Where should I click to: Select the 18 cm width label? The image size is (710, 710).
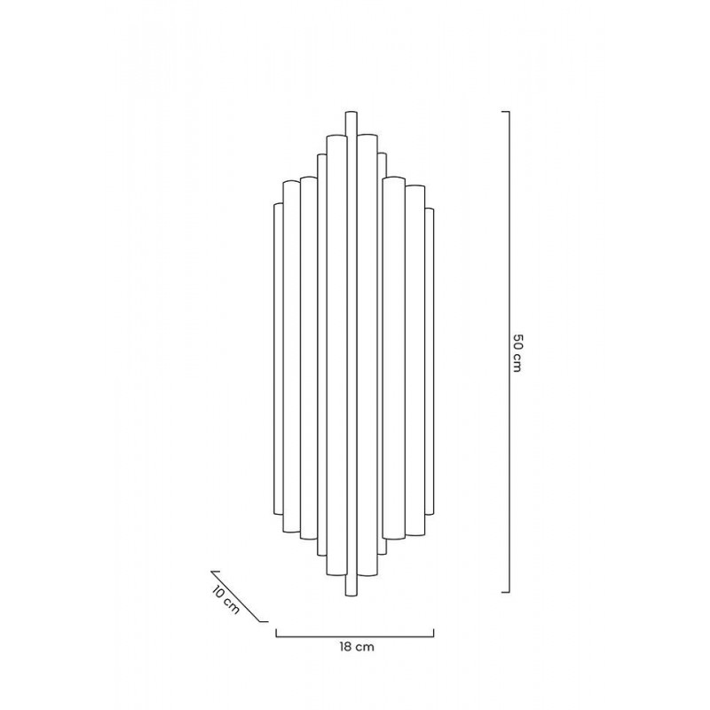click(x=356, y=648)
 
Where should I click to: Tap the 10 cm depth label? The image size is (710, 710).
click(x=225, y=600)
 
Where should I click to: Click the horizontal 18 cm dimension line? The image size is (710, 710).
click(x=355, y=635)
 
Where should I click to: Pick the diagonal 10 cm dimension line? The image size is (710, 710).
click(x=239, y=596)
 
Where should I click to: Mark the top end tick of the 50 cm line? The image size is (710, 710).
click(x=504, y=112)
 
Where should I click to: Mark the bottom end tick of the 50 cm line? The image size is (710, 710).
click(x=504, y=591)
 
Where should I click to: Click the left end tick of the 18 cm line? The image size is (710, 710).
click(x=276, y=633)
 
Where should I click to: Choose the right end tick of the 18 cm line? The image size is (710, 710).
click(x=434, y=633)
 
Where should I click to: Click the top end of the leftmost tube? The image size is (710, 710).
click(x=278, y=205)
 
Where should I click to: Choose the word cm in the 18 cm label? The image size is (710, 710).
click(x=364, y=648)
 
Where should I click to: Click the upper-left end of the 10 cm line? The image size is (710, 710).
click(x=211, y=572)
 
